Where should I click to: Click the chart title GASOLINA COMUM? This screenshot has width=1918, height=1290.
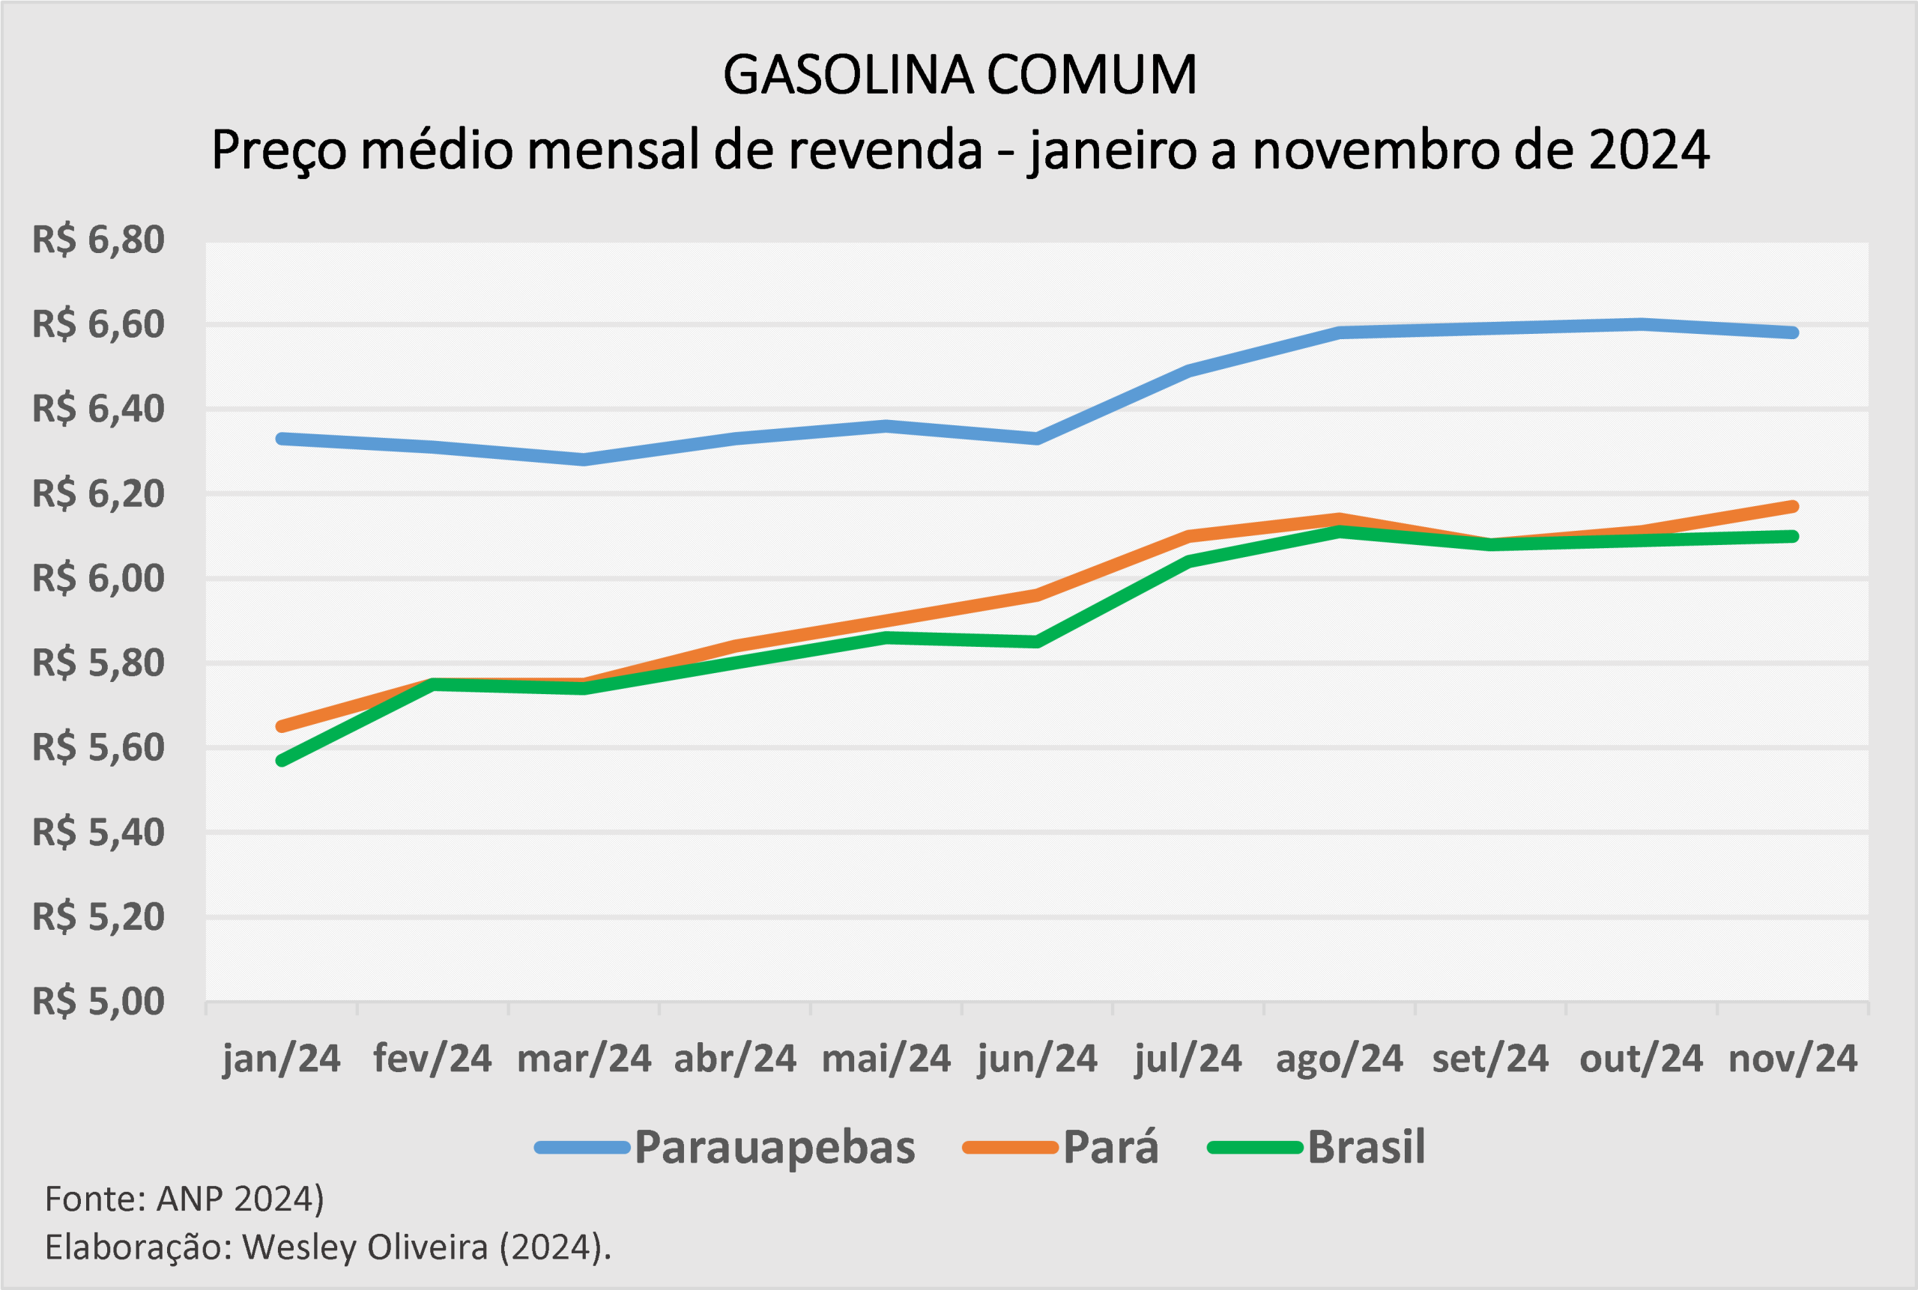point(959,76)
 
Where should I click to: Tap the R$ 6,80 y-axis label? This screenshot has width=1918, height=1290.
point(98,240)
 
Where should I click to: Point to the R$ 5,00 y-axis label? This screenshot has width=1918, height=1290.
point(98,1002)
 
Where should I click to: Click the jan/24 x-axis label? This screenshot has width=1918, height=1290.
point(282,1059)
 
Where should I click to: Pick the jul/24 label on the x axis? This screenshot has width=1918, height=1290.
point(1188,1059)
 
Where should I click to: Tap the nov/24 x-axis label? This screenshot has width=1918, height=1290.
point(1793,1059)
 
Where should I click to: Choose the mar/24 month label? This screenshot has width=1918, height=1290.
point(584,1059)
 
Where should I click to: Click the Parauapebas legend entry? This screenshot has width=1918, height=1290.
point(774,1148)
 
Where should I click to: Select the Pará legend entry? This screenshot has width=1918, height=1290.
point(1110,1148)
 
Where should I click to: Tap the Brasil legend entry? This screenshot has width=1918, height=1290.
point(1366,1148)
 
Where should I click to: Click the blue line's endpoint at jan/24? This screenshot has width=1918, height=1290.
point(282,439)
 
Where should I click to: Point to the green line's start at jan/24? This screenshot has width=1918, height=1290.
point(282,761)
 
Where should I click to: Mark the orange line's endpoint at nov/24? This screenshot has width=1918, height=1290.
point(1793,507)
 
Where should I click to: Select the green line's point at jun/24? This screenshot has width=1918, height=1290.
point(1037,642)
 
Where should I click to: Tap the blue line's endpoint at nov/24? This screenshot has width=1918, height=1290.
point(1793,332)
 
